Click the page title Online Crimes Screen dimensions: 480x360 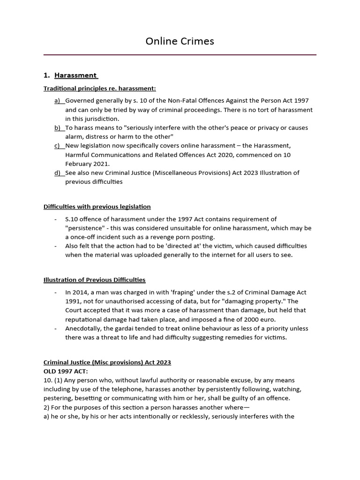tap(180, 41)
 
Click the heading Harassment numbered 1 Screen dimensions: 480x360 tap(75, 75)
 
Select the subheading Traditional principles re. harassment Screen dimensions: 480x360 tap(99, 88)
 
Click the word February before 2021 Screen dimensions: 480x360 tap(80, 164)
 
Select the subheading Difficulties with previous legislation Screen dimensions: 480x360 tap(97, 206)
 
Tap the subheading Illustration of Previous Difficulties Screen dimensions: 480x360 tap(94, 280)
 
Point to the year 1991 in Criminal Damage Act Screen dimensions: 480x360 tap(73, 301)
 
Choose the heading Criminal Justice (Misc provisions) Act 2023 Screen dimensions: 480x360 tap(107, 362)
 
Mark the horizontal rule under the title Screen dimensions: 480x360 tap(180, 55)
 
